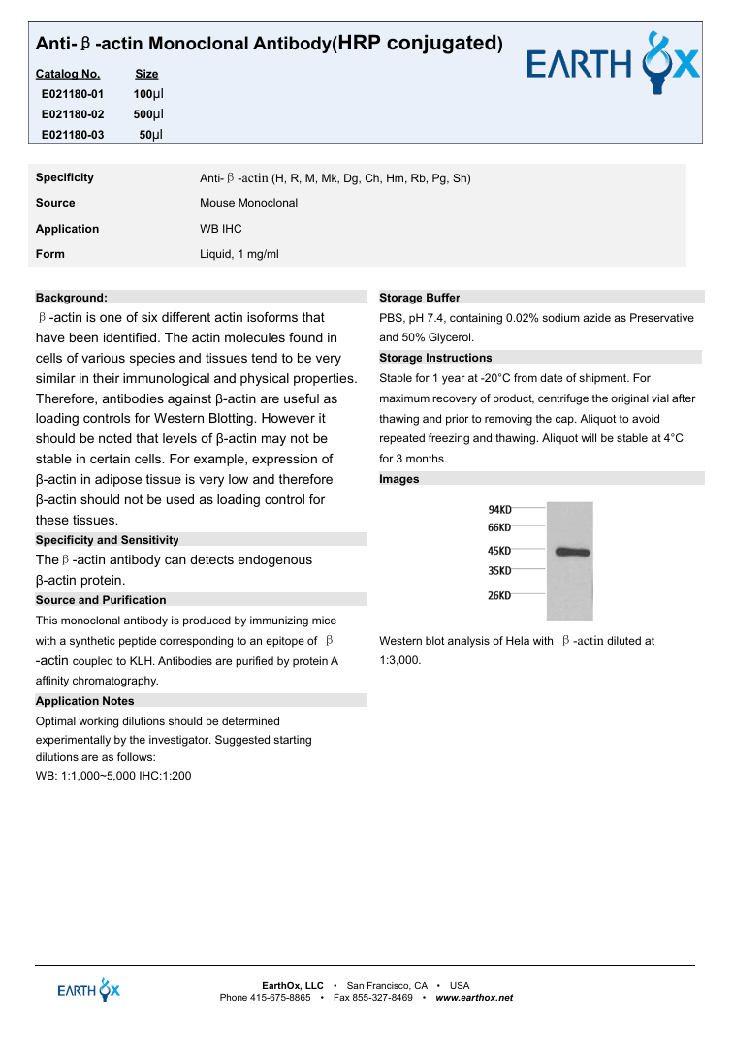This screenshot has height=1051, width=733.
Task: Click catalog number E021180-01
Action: [73, 94]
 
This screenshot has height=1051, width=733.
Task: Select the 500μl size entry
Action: [148, 114]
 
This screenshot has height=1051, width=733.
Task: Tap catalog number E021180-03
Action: [73, 135]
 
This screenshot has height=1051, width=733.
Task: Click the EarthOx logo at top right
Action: [612, 64]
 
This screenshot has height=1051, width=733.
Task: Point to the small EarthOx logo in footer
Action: [89, 990]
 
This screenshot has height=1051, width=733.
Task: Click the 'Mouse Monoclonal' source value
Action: [248, 203]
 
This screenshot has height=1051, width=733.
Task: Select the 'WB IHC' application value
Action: [221, 229]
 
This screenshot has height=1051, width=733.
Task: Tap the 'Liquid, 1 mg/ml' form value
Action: [239, 254]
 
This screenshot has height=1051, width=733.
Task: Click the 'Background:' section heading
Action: [71, 298]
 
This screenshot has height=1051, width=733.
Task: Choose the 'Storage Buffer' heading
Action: [419, 298]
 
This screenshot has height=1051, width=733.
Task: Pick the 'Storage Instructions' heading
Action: [435, 358]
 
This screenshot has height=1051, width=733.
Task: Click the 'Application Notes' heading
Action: [84, 701]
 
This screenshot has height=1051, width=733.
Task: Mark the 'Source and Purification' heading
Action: [101, 600]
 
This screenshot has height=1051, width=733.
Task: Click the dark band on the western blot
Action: [573, 552]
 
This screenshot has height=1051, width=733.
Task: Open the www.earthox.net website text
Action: [474, 998]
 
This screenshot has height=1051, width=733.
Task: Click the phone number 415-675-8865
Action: [280, 998]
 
